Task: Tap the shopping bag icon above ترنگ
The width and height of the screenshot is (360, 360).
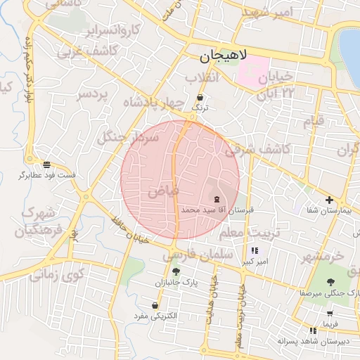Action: (201, 98)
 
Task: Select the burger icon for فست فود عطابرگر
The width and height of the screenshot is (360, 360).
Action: (46, 165)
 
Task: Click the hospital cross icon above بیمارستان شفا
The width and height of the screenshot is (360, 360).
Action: (329, 200)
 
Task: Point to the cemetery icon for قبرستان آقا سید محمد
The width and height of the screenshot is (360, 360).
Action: (215, 200)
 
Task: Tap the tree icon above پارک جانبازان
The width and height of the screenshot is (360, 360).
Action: (176, 272)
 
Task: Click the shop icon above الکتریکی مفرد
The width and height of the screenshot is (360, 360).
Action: (154, 306)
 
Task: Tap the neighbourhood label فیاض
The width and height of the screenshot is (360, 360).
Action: (163, 191)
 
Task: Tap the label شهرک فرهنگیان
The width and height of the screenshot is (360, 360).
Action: (34, 221)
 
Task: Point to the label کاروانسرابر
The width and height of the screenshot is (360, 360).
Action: (112, 31)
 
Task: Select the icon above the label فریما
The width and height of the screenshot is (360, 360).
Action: (329, 314)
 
